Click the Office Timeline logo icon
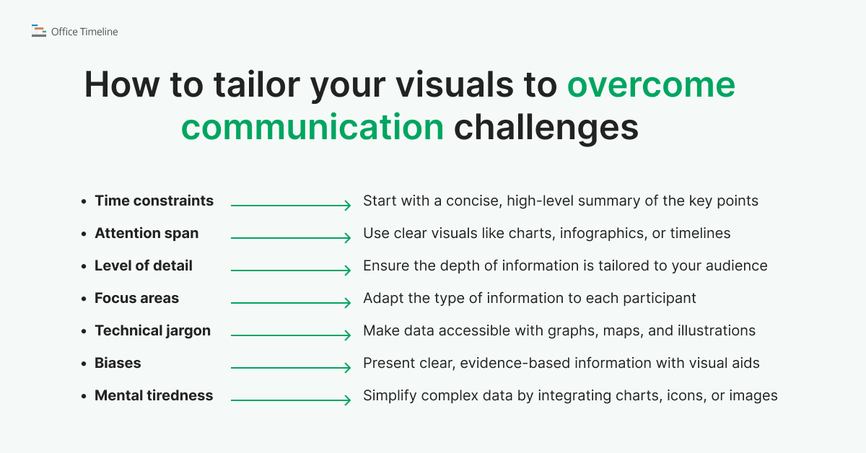tap(38, 31)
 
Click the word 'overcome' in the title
tap(651, 86)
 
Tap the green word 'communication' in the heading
tap(312, 127)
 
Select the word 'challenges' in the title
tap(546, 127)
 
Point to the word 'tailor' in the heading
tap(251, 86)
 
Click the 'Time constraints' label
tap(154, 201)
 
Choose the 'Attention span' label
tap(146, 233)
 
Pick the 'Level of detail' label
tap(144, 265)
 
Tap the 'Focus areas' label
tap(136, 298)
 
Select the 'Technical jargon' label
tap(152, 330)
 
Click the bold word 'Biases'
tap(118, 363)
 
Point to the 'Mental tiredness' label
tap(154, 395)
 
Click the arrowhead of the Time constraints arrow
tap(348, 206)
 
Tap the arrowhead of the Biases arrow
tap(348, 369)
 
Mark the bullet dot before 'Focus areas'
tap(84, 299)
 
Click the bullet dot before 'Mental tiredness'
tap(84, 396)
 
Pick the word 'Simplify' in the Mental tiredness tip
tap(390, 395)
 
